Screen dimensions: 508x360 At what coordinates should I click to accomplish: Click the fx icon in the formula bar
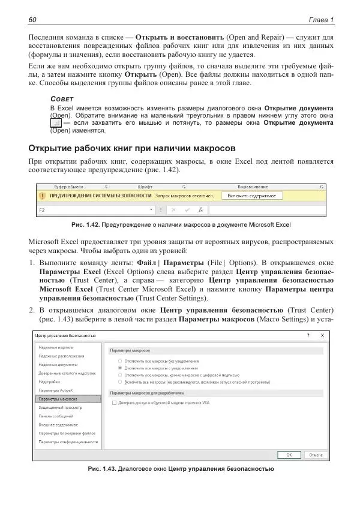pyautogui.click(x=201, y=211)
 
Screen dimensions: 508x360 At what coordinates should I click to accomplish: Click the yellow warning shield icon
pyautogui.click(x=43, y=196)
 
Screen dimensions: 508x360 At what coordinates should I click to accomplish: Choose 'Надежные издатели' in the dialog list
pyautogui.click(x=56, y=347)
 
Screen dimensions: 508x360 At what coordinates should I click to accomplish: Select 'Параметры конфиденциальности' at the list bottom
pyautogui.click(x=68, y=441)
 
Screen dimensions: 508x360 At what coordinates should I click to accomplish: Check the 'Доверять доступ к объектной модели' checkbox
pyautogui.click(x=115, y=404)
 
